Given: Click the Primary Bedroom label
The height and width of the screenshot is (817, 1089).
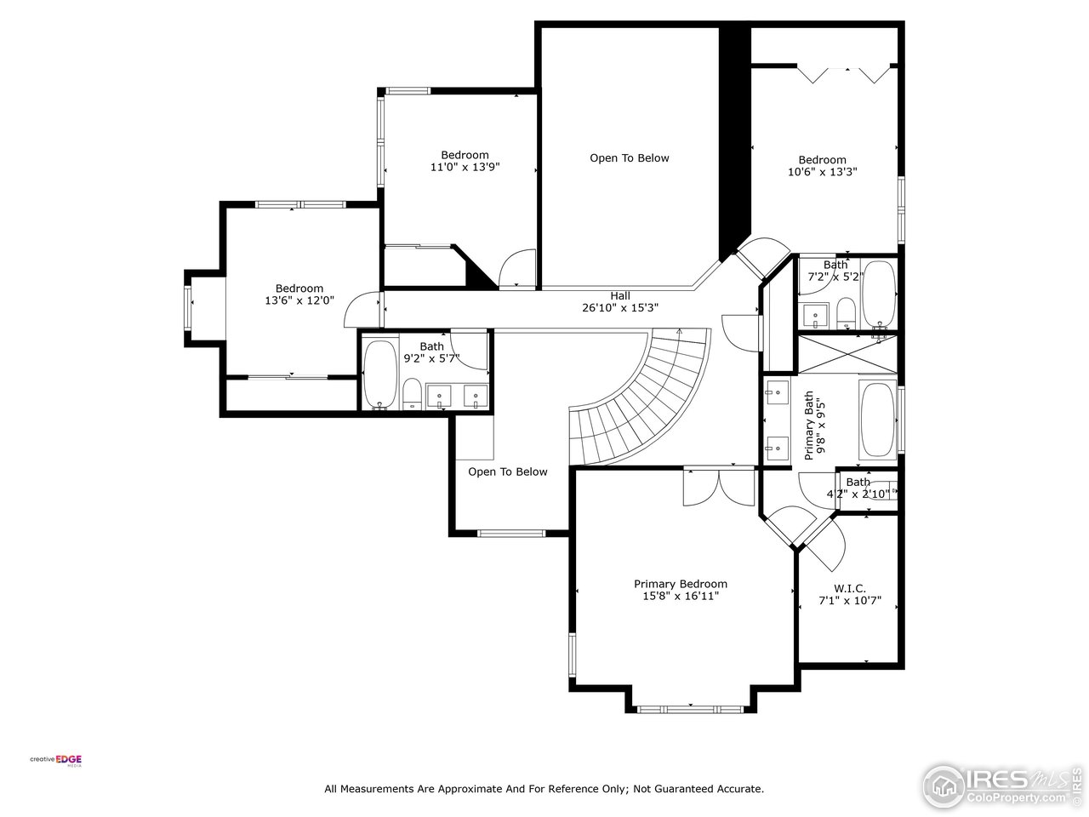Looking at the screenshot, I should [680, 584].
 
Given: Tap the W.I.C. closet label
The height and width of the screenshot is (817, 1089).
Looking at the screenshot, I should [849, 588].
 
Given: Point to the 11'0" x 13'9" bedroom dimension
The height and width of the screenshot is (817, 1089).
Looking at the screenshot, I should [465, 168].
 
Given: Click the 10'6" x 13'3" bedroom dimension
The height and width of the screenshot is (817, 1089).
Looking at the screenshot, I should [822, 172].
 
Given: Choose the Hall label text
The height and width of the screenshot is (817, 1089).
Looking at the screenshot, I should [619, 295].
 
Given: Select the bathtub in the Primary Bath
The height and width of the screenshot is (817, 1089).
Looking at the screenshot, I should [877, 420].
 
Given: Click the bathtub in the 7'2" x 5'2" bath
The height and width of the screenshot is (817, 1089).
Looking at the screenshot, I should [879, 294].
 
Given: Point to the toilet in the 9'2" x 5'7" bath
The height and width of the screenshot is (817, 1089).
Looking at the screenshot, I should [412, 394].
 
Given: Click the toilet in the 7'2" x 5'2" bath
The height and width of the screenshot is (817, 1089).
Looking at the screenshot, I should [846, 312].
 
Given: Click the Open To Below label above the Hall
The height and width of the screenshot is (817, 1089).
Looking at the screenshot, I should [630, 158].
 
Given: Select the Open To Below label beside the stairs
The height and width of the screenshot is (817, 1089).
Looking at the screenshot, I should [507, 471].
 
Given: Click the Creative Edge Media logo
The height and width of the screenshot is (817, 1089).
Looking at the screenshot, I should [56, 760].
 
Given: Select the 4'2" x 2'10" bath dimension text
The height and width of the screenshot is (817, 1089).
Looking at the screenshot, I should [858, 494].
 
